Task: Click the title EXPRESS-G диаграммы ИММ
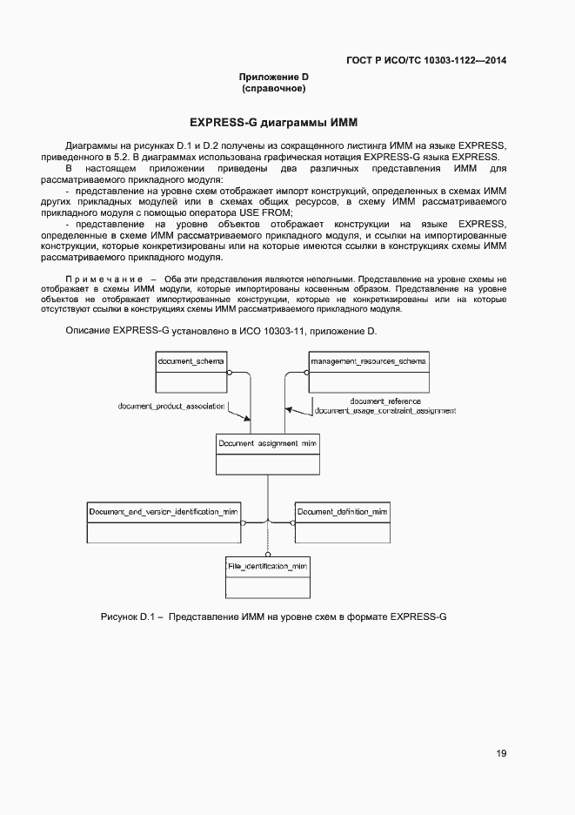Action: pyautogui.click(x=274, y=122)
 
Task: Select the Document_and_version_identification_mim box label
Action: pyautogui.click(x=164, y=511)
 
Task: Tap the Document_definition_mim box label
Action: pyautogui.click(x=342, y=511)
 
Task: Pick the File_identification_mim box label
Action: pyautogui.click(x=268, y=567)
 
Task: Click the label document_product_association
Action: pyautogui.click(x=171, y=407)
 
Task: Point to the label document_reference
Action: pyautogui.click(x=384, y=401)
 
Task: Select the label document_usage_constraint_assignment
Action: pyautogui.click(x=384, y=410)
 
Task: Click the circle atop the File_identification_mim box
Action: pyautogui.click(x=268, y=554)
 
